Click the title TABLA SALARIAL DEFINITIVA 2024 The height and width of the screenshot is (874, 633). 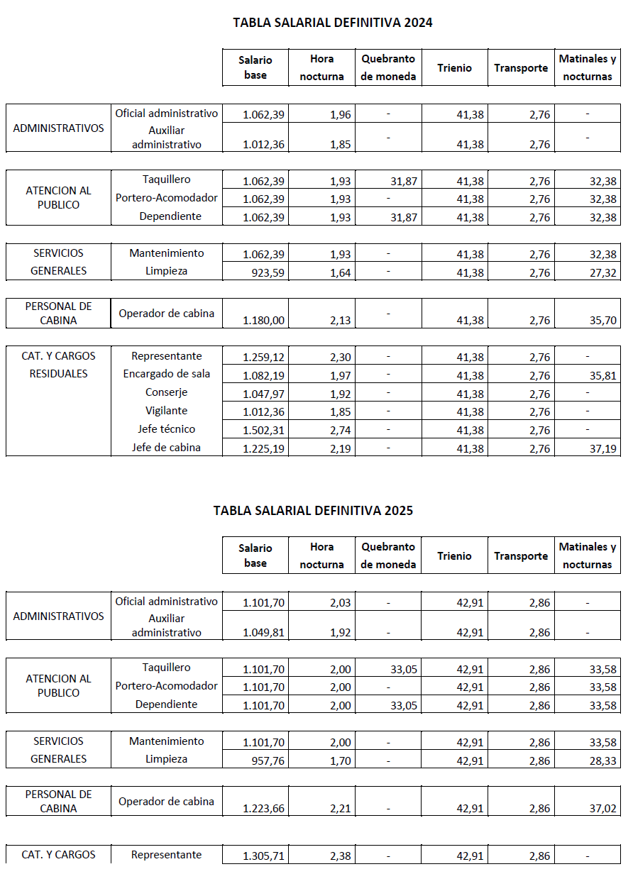pyautogui.click(x=332, y=23)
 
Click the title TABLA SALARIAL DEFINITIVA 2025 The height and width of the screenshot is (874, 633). pyautogui.click(x=313, y=511)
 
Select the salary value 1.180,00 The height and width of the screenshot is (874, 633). pyautogui.click(x=263, y=321)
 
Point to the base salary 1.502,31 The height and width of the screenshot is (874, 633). pyautogui.click(x=263, y=430)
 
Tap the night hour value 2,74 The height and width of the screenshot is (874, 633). pyautogui.click(x=340, y=430)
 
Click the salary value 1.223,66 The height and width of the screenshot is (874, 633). pyautogui.click(x=263, y=809)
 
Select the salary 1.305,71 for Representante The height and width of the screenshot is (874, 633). pyautogui.click(x=263, y=856)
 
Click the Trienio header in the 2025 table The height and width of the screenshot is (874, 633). pyautogui.click(x=454, y=556)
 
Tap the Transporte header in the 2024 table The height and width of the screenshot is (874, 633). pyautogui.click(x=521, y=68)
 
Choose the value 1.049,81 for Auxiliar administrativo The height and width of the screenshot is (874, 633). pyautogui.click(x=263, y=633)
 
